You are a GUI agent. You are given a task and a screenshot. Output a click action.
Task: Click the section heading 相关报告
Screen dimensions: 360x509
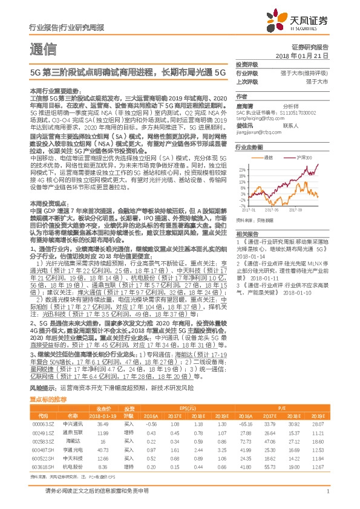pos(247,233)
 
